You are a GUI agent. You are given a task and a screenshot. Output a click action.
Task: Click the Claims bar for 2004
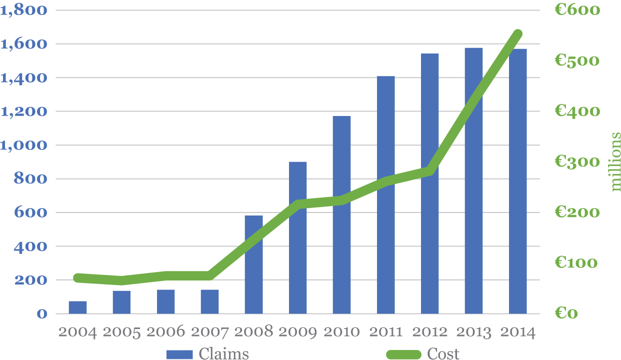[x=77, y=307]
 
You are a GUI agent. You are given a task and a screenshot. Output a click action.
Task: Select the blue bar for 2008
[x=253, y=264]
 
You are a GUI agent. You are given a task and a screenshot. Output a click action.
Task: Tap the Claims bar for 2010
[x=341, y=215]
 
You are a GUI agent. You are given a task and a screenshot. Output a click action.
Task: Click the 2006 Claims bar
[x=165, y=301]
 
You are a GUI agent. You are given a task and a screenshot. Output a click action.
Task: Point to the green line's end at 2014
[x=518, y=34]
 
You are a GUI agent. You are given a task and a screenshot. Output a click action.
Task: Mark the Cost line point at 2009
[x=298, y=204]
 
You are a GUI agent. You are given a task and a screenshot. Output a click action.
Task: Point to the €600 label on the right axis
[x=577, y=10]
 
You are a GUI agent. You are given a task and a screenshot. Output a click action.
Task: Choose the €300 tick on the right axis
[x=577, y=162]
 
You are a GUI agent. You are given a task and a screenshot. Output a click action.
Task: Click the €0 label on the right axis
[x=566, y=313]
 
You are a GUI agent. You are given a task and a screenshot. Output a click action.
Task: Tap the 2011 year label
[x=385, y=332]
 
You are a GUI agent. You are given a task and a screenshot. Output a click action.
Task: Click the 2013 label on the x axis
[x=473, y=332]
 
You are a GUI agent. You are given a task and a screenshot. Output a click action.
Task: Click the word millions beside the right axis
[x=615, y=161]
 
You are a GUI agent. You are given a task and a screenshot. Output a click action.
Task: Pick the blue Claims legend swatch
[x=179, y=354]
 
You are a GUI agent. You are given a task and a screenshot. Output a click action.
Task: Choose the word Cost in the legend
[x=443, y=354]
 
